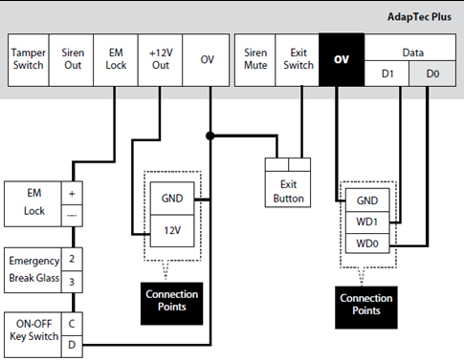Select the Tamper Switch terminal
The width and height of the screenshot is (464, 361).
coord(29,59)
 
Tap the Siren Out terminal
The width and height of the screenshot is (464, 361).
coord(73,59)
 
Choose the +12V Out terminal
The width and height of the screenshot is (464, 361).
coord(159,59)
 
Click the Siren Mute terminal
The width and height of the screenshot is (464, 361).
coord(255,59)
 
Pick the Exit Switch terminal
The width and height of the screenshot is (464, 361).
coord(298,59)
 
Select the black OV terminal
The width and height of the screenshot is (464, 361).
coord(342,59)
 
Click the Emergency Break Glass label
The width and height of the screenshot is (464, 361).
coord(33,268)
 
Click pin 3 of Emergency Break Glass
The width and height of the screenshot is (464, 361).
coord(73,280)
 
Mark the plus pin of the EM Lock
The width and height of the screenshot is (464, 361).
coord(73,192)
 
